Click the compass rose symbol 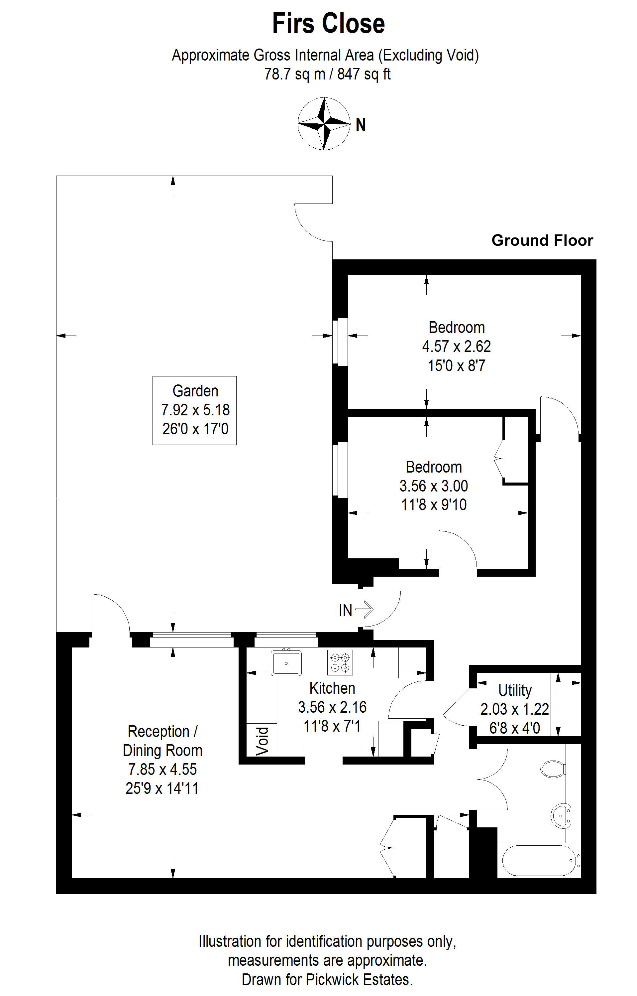(x=324, y=123)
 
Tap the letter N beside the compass (x=361, y=125)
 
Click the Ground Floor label (x=542, y=240)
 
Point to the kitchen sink (x=286, y=663)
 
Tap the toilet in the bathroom (x=553, y=769)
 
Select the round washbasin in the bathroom (x=561, y=815)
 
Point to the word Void (x=263, y=741)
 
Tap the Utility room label (x=515, y=690)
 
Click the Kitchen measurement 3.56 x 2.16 (x=332, y=707)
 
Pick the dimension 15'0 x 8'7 (x=456, y=365)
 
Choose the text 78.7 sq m (x=294, y=74)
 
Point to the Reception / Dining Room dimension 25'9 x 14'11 (x=162, y=788)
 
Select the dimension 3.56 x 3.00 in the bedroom (x=434, y=486)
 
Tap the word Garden (x=195, y=391)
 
